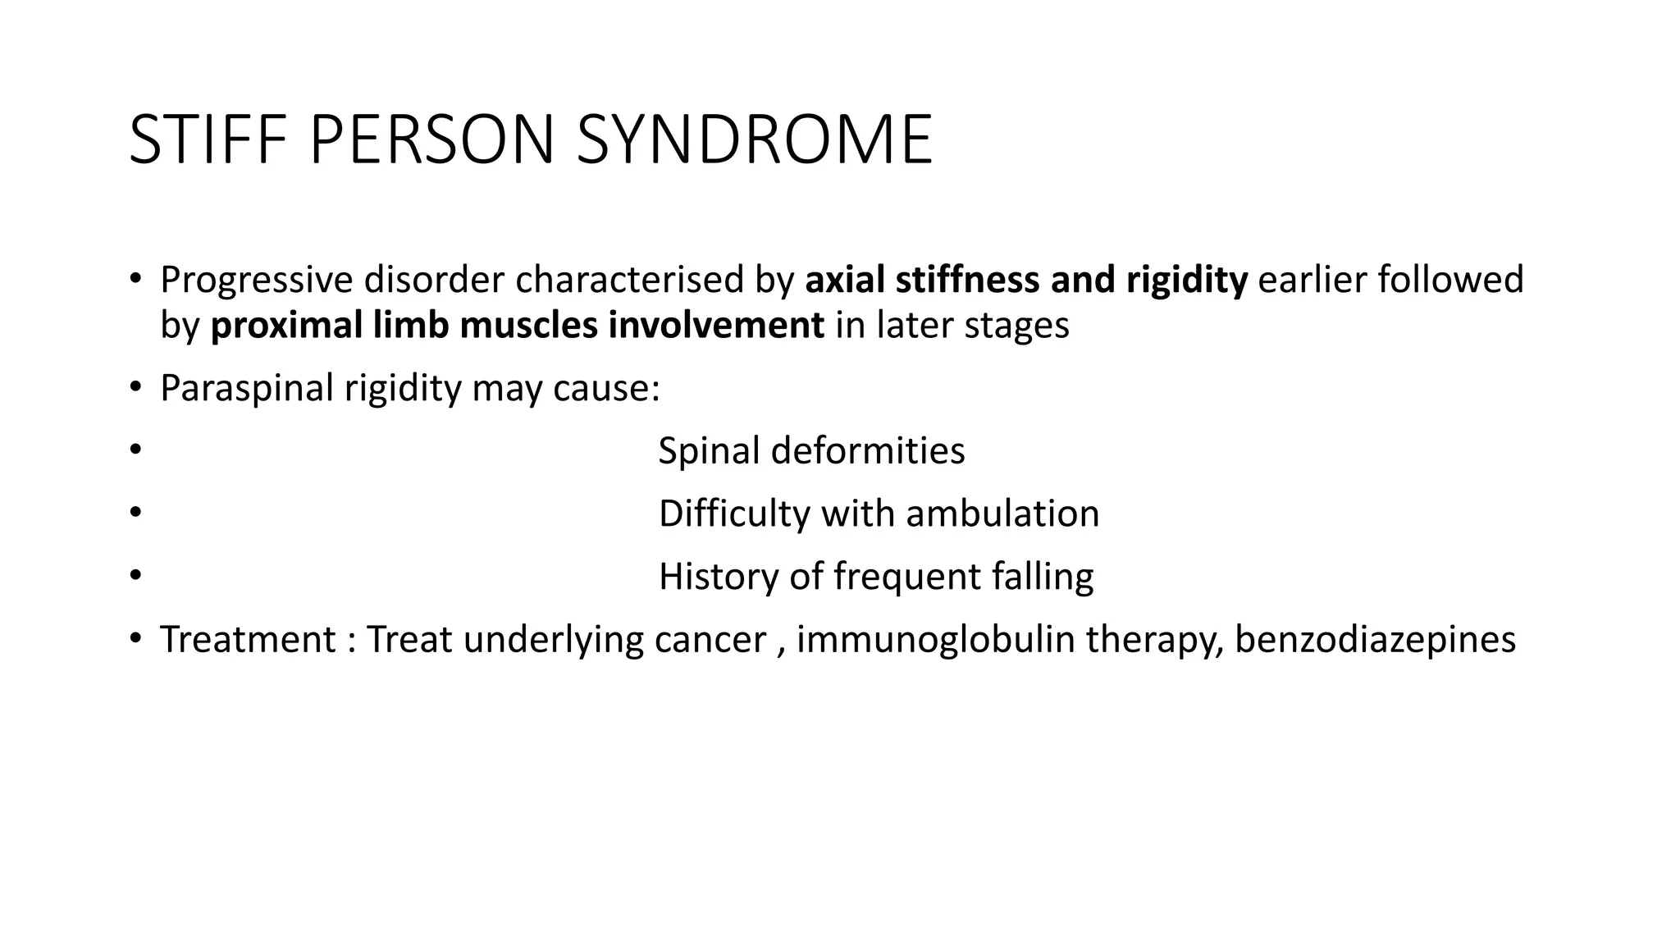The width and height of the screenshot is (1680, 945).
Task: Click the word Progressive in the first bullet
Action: (x=257, y=281)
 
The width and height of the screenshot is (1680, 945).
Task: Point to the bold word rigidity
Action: (x=1186, y=281)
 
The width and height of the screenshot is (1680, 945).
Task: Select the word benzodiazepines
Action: (x=1375, y=640)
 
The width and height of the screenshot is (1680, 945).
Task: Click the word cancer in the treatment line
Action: (x=710, y=640)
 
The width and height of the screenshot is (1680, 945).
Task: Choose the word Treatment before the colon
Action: (x=248, y=640)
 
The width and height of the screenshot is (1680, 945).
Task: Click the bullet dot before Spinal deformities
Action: (x=135, y=450)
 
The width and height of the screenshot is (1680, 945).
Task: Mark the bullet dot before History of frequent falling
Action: (x=135, y=575)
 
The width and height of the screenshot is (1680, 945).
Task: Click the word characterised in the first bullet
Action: (x=629, y=280)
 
